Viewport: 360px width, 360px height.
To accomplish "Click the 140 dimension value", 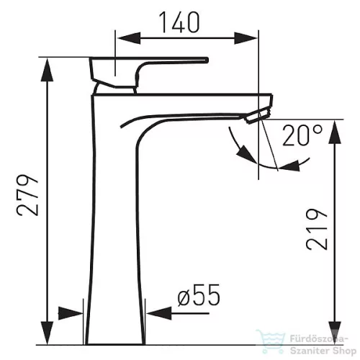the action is (179, 22).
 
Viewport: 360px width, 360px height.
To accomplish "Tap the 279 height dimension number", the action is (27, 195).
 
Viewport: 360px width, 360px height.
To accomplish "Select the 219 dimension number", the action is (317, 229).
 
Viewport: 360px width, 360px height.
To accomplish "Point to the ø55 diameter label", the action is (199, 295).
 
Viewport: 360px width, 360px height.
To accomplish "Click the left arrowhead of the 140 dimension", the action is (128, 38).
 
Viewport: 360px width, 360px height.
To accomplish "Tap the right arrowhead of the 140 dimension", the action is (246, 38).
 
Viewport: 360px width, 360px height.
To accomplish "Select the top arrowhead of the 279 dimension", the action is (48, 70).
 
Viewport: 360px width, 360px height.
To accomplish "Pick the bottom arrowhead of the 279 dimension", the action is (48, 333).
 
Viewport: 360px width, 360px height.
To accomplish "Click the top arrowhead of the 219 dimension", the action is (335, 132).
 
